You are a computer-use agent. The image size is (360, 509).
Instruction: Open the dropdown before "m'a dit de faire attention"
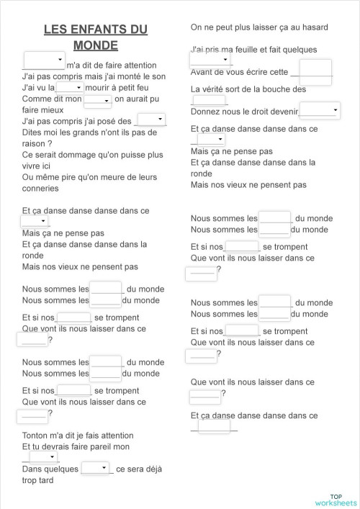pyautogui.click(x=44, y=59)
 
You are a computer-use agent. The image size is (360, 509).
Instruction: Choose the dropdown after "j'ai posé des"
pyautogui.click(x=151, y=120)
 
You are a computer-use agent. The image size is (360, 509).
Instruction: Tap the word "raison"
pyautogui.click(x=37, y=143)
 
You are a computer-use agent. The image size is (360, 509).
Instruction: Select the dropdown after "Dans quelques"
pyautogui.click(x=96, y=468)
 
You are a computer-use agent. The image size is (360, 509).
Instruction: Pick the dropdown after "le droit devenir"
pyautogui.click(x=318, y=109)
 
